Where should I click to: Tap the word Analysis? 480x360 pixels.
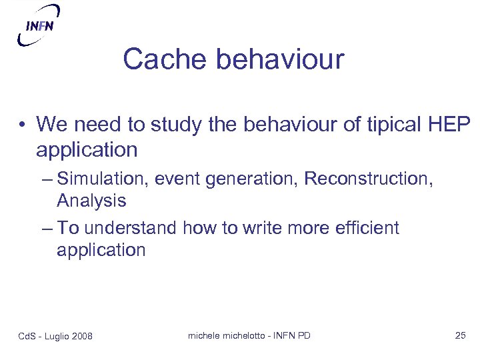pos(91,200)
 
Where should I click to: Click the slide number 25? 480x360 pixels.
pos(460,335)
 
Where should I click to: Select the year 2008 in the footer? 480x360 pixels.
pos(81,335)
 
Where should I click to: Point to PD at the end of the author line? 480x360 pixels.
pos(303,335)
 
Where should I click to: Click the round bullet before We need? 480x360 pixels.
pos(23,125)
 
